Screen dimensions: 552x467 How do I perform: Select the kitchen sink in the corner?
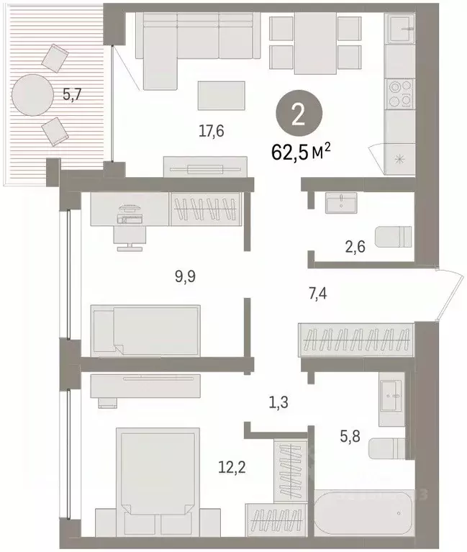(400, 31)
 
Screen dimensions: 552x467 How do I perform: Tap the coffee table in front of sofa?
(221, 95)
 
